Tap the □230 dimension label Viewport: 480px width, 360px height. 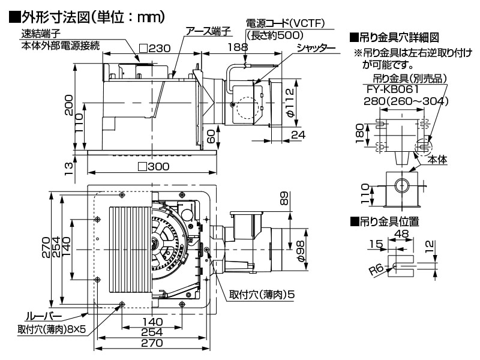[155, 47]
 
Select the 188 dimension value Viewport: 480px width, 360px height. [238, 47]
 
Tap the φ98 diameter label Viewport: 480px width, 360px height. [301, 247]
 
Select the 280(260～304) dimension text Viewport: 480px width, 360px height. [406, 101]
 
